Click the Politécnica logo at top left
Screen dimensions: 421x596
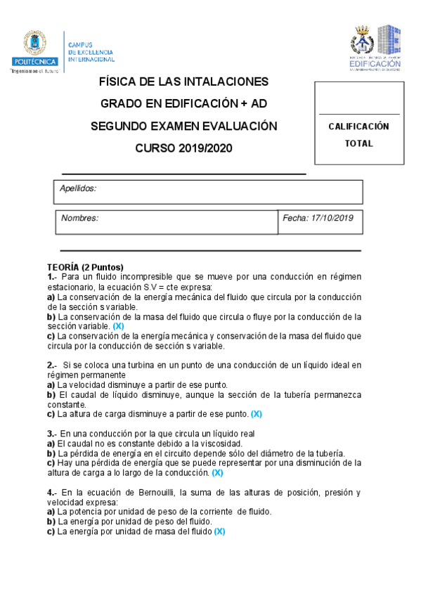pyautogui.click(x=33, y=51)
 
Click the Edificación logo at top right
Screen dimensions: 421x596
pyautogui.click(x=375, y=48)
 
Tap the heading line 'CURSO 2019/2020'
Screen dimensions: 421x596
pyautogui.click(x=183, y=148)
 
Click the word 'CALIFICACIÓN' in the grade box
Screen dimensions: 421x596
pyautogui.click(x=358, y=127)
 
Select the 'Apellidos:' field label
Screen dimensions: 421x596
pyautogui.click(x=78, y=188)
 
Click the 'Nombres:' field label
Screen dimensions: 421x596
pyautogui.click(x=79, y=218)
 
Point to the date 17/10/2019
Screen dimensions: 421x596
pyautogui.click(x=330, y=218)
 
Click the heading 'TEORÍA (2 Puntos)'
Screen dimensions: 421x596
pyautogui.click(x=85, y=267)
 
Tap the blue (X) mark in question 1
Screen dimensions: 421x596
pyautogui.click(x=118, y=326)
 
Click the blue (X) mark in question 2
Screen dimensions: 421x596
pyautogui.click(x=256, y=414)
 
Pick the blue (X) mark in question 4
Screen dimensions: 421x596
pyautogui.click(x=219, y=532)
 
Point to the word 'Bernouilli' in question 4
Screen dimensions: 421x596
pyautogui.click(x=164, y=493)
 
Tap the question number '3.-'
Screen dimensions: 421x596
pyautogui.click(x=53, y=434)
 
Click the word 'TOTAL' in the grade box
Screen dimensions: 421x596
pyautogui.click(x=358, y=143)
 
